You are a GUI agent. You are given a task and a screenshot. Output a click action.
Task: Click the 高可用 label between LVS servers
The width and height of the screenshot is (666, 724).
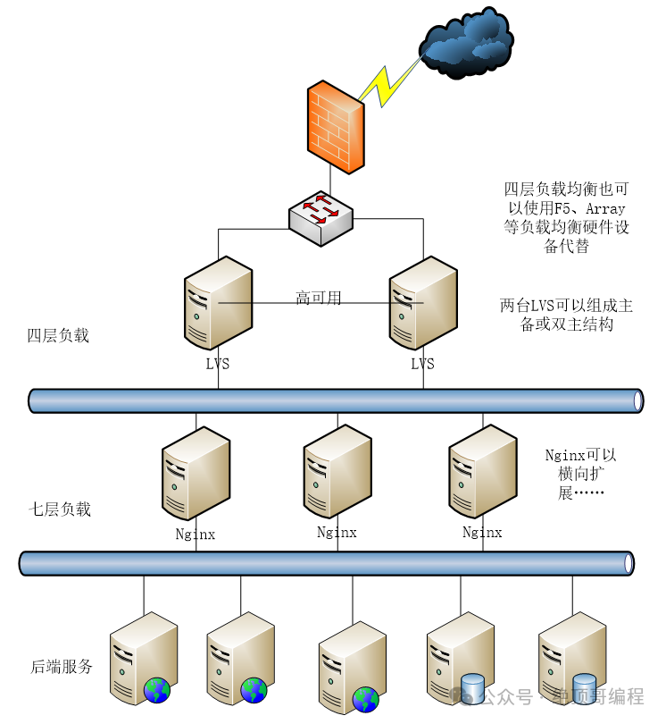pyautogui.click(x=319, y=298)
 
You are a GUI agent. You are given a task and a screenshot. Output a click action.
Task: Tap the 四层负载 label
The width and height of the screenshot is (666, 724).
pyautogui.click(x=58, y=336)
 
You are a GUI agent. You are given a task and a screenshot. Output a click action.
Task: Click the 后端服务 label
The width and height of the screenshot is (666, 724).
pyautogui.click(x=62, y=667)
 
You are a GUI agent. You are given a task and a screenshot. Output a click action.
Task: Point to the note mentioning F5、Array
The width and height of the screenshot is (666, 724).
pyautogui.click(x=566, y=218)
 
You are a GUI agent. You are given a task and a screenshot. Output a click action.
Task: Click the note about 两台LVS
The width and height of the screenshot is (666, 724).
pyautogui.click(x=566, y=316)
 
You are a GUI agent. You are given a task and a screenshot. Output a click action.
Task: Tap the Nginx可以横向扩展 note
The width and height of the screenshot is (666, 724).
pyautogui.click(x=580, y=474)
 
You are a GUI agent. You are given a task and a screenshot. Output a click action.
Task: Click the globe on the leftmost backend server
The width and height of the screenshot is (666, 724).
pyautogui.click(x=157, y=689)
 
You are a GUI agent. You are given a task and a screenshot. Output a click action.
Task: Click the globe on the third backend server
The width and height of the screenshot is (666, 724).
pyautogui.click(x=365, y=698)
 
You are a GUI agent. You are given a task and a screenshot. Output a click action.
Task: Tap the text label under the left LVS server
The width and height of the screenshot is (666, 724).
pyautogui.click(x=218, y=364)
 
